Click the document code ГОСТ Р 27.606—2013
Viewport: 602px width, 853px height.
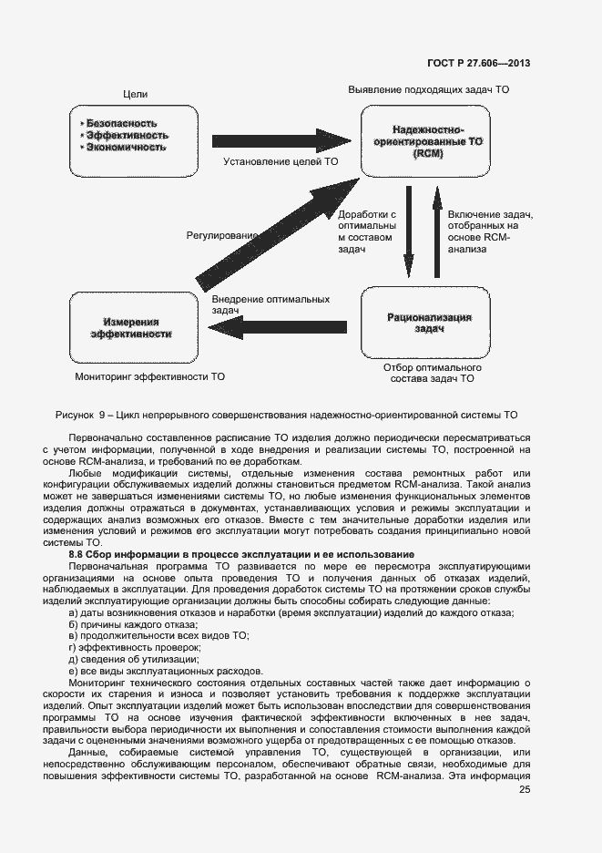pyautogui.click(x=478, y=63)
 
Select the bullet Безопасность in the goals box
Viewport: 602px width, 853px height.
pyautogui.click(x=120, y=122)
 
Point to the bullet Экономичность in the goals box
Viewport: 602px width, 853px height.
pyautogui.click(x=126, y=146)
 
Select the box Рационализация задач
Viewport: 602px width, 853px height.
pyautogui.click(x=428, y=323)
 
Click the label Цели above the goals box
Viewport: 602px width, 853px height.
pyautogui.click(x=135, y=94)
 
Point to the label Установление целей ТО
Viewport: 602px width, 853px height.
pyautogui.click(x=281, y=161)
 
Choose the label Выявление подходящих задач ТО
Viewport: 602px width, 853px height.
pyautogui.click(x=428, y=90)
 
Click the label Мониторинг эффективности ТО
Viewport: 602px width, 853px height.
pyautogui.click(x=149, y=375)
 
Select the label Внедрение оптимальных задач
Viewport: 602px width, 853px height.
pyautogui.click(x=270, y=304)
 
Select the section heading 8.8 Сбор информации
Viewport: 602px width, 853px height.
pyautogui.click(x=242, y=554)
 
